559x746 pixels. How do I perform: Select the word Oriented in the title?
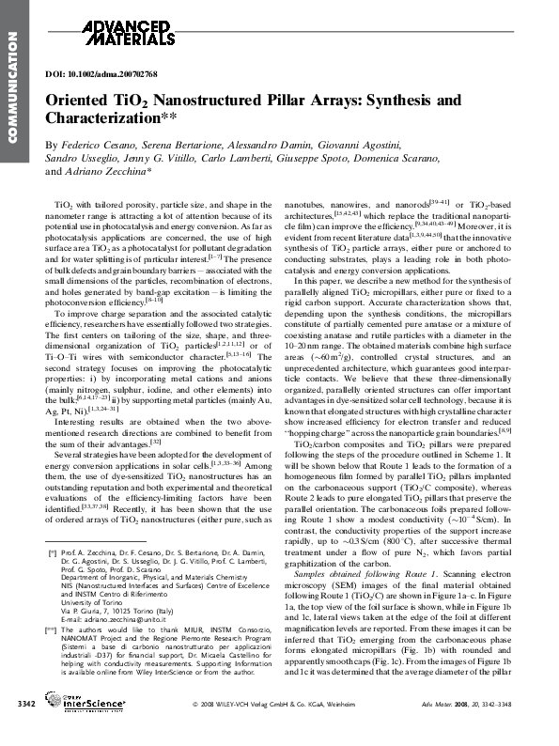pyautogui.click(x=79, y=101)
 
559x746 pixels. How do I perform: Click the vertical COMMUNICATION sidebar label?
pyautogui.click(x=12, y=85)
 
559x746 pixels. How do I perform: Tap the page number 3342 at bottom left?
pyautogui.click(x=28, y=729)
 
